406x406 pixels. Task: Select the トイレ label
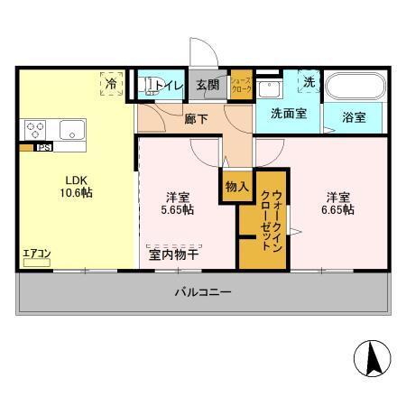(x=171, y=87)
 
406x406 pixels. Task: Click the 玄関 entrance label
(x=208, y=86)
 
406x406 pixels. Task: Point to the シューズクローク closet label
(x=241, y=86)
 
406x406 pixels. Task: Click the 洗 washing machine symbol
(x=309, y=82)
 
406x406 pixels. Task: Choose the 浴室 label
(x=354, y=117)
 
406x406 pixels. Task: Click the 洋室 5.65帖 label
(x=176, y=203)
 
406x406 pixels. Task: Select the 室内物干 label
(x=174, y=255)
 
